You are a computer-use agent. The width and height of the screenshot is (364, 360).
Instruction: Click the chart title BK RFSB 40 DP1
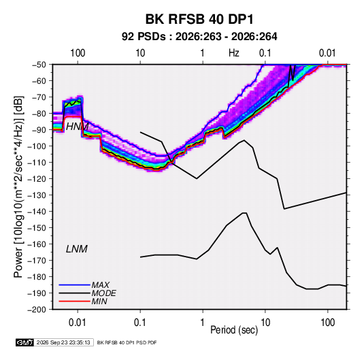tap(199, 19)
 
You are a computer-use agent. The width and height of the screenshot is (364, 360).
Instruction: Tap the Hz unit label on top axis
tap(234, 53)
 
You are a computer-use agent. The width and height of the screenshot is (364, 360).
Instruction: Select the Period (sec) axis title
tap(234, 330)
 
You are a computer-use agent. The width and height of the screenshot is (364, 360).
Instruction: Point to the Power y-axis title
tap(18, 187)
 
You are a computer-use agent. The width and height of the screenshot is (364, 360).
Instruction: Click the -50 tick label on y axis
tap(39, 65)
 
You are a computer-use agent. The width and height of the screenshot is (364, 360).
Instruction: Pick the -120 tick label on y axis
tap(37, 179)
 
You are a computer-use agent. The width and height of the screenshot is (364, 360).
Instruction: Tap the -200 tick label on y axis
tap(37, 310)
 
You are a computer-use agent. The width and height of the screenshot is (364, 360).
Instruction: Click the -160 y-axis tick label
tap(37, 244)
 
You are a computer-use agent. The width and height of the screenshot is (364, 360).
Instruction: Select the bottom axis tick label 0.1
tap(140, 323)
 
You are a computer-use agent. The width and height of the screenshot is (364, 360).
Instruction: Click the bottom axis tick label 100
tap(327, 323)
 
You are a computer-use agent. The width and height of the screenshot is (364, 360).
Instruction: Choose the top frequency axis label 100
tap(78, 53)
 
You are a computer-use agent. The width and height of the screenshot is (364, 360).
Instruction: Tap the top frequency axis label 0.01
tap(327, 53)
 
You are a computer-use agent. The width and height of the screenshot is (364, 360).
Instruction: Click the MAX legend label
tap(100, 285)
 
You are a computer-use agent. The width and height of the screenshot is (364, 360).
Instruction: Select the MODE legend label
tap(104, 293)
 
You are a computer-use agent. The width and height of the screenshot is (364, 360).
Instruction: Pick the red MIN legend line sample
tap(74, 301)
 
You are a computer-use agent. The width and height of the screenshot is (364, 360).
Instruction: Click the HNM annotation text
tap(77, 127)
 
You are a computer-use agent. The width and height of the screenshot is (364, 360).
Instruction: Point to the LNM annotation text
tap(77, 249)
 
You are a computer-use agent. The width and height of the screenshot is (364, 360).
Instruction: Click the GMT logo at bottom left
tap(25, 342)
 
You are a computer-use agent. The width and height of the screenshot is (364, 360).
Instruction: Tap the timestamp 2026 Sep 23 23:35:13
tap(63, 342)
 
